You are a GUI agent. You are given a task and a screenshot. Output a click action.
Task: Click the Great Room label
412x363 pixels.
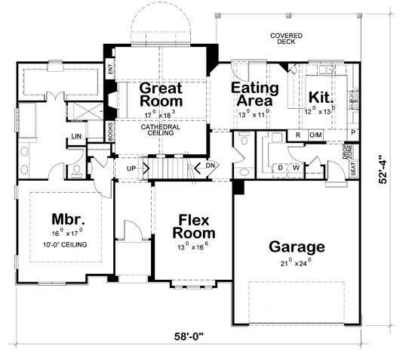[161, 95]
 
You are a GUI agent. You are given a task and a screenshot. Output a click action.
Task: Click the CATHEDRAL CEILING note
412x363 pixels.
[161, 129]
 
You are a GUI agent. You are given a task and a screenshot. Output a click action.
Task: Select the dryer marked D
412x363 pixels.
[281, 167]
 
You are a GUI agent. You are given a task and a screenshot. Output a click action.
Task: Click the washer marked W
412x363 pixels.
[297, 167]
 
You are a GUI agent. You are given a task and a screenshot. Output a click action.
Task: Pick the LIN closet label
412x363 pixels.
[76, 137]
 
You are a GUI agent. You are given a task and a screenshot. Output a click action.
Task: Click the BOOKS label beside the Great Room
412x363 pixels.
[110, 133]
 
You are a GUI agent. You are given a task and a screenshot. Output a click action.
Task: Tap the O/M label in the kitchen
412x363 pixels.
[315, 135]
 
